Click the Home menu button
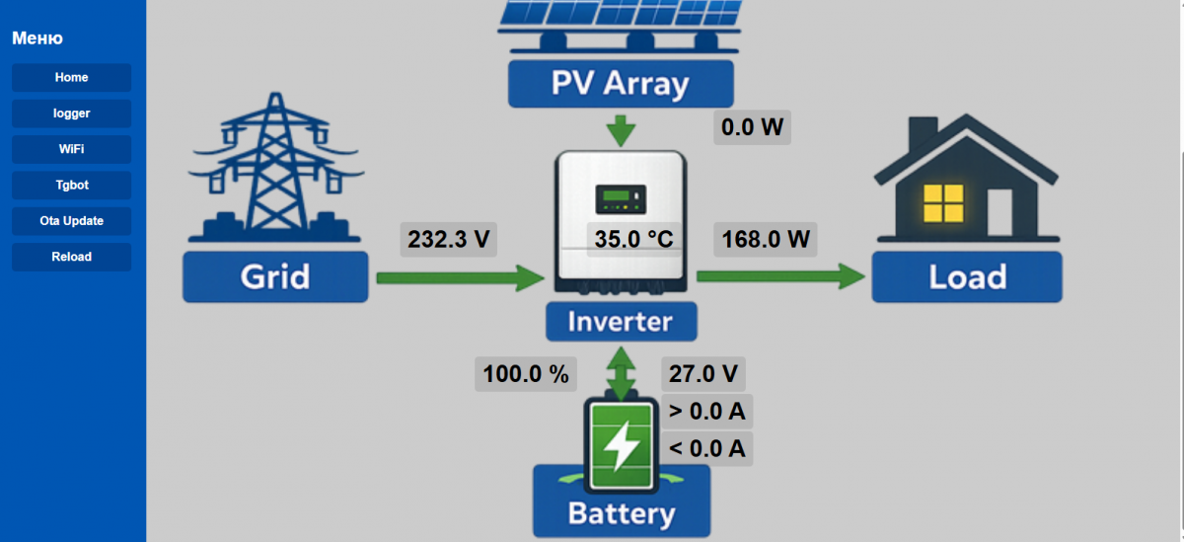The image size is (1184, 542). pos(71,78)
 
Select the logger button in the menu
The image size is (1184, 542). pos(71,114)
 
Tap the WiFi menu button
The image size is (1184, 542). pos(71,149)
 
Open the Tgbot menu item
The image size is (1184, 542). pos(71,185)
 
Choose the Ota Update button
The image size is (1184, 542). pos(71,221)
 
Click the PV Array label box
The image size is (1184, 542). pos(621,83)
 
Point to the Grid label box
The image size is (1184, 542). pos(275,276)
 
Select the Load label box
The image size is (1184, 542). pos(967,276)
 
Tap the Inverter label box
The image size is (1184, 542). pos(622,322)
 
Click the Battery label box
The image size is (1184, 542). pos(622,513)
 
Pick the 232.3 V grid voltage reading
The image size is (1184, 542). pos(448,240)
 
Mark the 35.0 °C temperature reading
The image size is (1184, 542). pos(632,240)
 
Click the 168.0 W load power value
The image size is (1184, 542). pos(766,240)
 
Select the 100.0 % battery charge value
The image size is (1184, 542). pos(526,374)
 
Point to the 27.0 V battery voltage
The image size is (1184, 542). pos(703,374)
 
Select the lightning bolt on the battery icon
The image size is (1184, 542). pos(622,447)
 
